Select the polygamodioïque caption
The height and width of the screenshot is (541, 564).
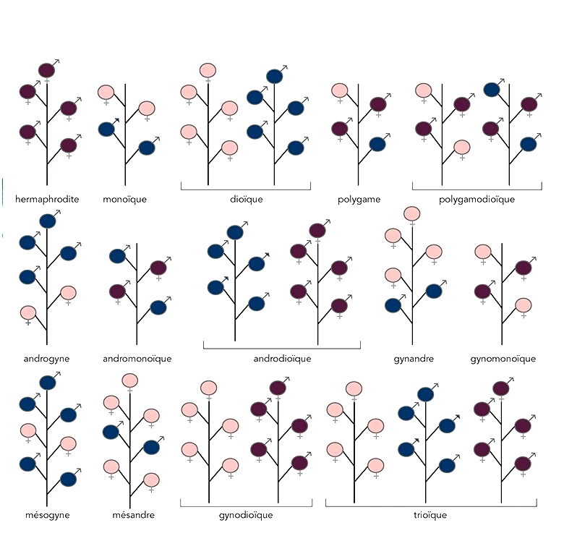[477, 200]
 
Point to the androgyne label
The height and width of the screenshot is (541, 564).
[46, 359]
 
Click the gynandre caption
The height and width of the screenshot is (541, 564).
[414, 359]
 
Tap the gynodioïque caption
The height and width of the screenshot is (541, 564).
[246, 515]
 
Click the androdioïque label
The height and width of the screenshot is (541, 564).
[282, 359]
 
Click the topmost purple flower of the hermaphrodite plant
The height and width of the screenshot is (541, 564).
[46, 70]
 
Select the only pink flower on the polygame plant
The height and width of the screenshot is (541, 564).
[340, 90]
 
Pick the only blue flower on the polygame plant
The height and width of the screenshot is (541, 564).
[377, 144]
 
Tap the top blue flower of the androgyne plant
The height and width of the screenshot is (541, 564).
[48, 221]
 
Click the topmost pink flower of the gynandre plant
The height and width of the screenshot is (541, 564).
[411, 213]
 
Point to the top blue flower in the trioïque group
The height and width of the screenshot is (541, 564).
[425, 394]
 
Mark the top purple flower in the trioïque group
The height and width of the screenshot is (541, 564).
[500, 388]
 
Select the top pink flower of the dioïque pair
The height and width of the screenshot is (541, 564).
[208, 70]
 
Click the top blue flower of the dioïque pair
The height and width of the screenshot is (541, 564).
[274, 76]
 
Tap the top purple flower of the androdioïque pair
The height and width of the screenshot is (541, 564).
[317, 230]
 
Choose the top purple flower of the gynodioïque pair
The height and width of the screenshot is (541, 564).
[278, 388]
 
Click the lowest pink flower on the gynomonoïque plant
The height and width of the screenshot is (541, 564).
[523, 305]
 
